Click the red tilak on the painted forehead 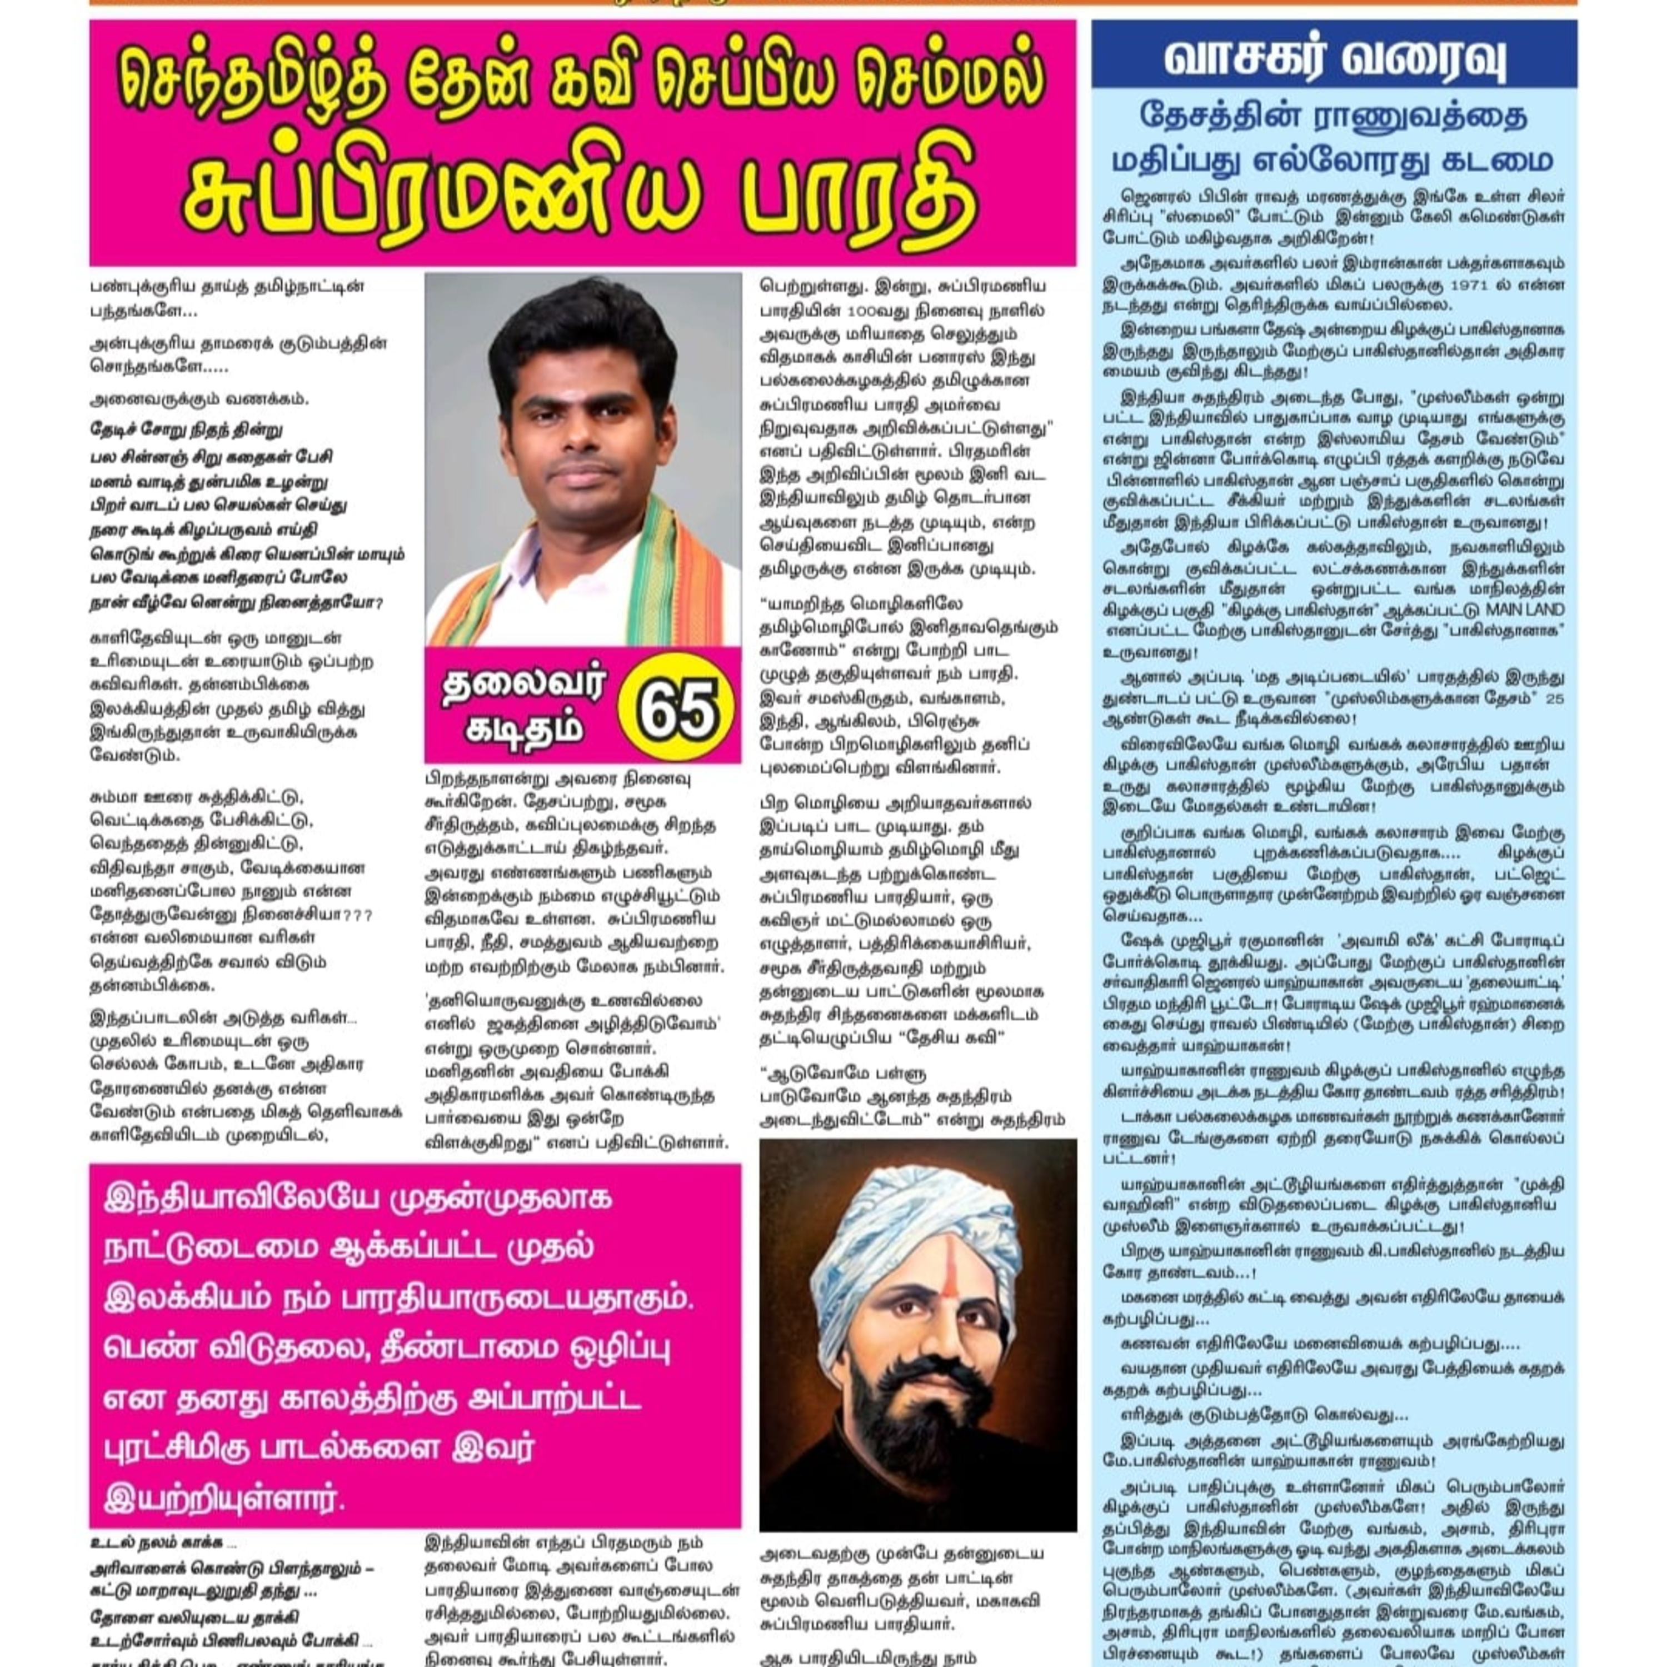(x=944, y=1269)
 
